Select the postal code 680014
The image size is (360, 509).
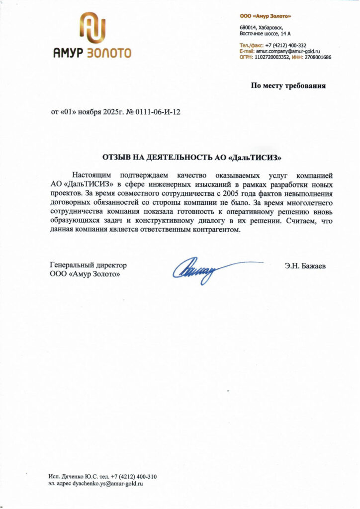coord(248,27)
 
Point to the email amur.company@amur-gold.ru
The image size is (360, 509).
coord(288,51)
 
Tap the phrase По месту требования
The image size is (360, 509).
coord(288,85)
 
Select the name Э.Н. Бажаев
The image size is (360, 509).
coord(306,266)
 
